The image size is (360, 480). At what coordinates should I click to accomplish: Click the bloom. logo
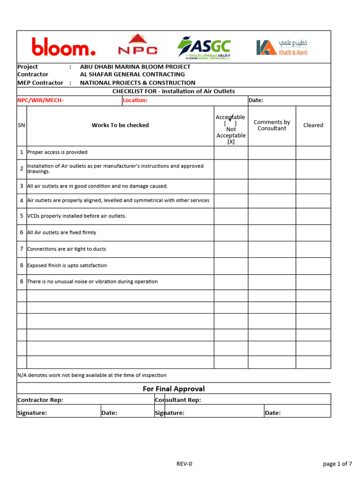[x=64, y=47]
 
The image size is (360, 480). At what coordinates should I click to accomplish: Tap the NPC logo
[x=137, y=47]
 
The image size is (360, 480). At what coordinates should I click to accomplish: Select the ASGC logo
[x=204, y=48]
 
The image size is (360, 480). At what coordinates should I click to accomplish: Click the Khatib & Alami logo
[x=282, y=47]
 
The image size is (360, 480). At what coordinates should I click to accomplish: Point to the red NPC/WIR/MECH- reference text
[x=40, y=100]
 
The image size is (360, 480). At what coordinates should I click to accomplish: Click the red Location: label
[x=135, y=100]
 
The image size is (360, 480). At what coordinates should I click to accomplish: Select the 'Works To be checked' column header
[x=120, y=125]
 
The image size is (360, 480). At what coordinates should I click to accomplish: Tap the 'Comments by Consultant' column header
[x=272, y=125]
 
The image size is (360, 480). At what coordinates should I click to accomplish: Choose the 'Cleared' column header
[x=313, y=125]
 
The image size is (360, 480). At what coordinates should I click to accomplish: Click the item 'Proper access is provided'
[x=57, y=152]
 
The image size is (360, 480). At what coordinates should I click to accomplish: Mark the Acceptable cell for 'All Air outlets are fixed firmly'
[x=231, y=232]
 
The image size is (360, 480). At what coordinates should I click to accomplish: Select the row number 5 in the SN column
[x=22, y=216]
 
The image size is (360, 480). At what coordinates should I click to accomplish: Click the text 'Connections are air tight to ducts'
[x=67, y=249]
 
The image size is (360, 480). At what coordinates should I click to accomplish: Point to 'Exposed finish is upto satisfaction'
[x=67, y=265]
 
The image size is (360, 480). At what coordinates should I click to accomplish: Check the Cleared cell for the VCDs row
[x=313, y=216]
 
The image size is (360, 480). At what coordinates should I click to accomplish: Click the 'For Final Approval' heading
[x=173, y=389]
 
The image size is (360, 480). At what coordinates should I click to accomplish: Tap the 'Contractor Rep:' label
[x=40, y=400]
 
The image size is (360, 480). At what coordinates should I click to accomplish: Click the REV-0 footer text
[x=184, y=464]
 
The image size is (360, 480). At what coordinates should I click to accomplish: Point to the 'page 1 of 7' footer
[x=337, y=464]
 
